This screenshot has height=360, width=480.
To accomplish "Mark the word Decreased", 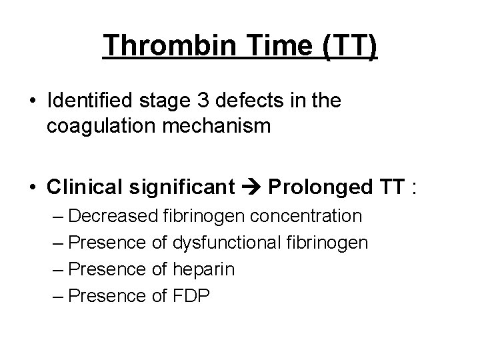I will pyautogui.click(x=113, y=216).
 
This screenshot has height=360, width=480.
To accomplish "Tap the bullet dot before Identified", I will pyautogui.click(x=33, y=102).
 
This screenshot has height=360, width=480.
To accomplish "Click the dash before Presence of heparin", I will pyautogui.click(x=57, y=269).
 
